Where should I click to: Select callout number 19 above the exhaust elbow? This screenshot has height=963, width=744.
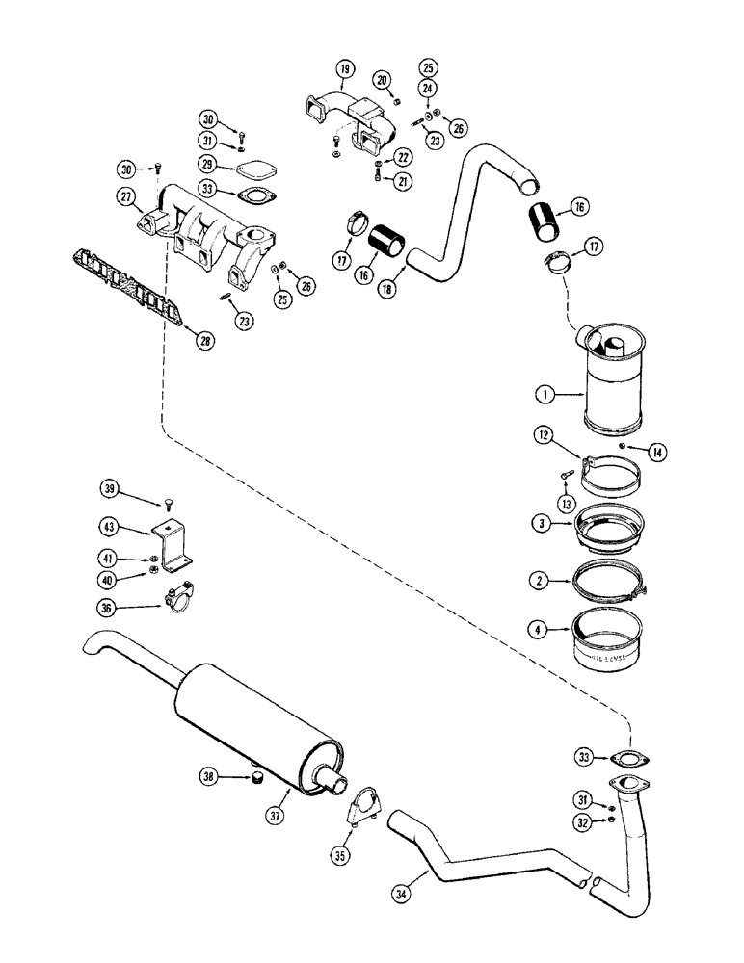pos(345,68)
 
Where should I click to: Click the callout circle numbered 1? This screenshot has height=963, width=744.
pos(545,394)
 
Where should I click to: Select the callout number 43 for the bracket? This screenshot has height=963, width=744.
pos(110,527)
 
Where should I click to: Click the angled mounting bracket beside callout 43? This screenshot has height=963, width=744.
pos(170,544)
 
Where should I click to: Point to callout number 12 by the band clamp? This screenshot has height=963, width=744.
pos(545,438)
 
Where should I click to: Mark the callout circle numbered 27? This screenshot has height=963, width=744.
pos(126,197)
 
